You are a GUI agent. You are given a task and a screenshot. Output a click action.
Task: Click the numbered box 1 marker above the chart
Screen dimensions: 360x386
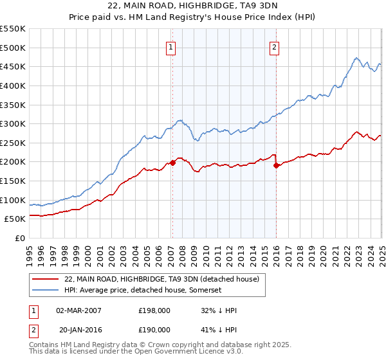click(x=171, y=47)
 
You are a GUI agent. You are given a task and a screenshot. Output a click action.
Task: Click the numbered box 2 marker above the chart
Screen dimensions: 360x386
click(x=275, y=47)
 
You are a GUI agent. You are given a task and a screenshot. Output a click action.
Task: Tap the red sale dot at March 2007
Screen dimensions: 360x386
click(x=172, y=163)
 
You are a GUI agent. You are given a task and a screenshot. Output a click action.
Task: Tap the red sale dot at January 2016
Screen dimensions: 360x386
click(x=277, y=165)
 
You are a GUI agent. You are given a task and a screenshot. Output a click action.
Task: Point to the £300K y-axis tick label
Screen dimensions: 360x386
click(x=13, y=123)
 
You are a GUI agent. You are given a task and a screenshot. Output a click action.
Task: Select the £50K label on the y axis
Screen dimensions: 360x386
click(x=15, y=219)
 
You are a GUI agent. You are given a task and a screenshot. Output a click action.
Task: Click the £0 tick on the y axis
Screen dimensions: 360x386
click(x=20, y=239)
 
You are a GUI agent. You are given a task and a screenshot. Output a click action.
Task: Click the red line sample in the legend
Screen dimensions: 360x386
click(x=45, y=279)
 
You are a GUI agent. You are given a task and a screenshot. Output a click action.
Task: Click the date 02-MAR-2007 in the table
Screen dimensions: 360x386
click(x=78, y=310)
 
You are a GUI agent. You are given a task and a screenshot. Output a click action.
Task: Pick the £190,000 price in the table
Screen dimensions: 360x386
click(x=154, y=329)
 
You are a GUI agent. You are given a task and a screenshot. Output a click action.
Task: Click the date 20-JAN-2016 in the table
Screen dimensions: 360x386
click(x=78, y=329)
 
